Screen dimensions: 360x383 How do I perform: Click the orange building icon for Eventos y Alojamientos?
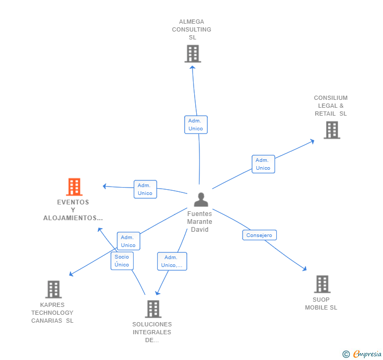coord(74,187)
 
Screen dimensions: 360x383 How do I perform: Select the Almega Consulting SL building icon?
coord(193,54)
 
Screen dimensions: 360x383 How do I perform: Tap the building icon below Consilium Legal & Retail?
coord(331,130)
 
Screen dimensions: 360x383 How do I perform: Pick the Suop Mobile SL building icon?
coord(322,284)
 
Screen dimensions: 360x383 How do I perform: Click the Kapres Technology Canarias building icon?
coord(53,289)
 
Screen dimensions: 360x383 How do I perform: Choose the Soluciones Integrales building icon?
coord(153,308)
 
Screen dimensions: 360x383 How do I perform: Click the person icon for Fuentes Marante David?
coord(200,200)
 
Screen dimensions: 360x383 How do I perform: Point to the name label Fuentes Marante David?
coord(200,222)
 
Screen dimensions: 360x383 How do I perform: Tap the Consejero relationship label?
coord(259,235)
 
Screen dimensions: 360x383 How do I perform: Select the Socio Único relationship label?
coord(122,261)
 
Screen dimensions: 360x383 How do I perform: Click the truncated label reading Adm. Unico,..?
coord(172,261)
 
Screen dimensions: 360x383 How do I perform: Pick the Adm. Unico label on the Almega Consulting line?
coord(196,125)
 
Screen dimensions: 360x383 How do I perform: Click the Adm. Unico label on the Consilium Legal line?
coord(263,164)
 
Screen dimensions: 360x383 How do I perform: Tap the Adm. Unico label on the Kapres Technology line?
coord(128,241)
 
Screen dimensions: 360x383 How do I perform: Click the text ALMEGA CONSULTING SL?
coord(192,29)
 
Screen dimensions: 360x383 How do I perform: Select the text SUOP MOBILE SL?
coord(321,304)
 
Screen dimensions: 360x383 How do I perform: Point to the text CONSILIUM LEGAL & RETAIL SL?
coord(331,106)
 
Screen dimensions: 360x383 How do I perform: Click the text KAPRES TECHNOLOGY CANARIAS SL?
coord(52,313)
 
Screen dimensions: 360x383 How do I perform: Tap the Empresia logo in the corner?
coord(362,354)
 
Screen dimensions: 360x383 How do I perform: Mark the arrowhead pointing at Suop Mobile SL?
coord(305,269)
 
